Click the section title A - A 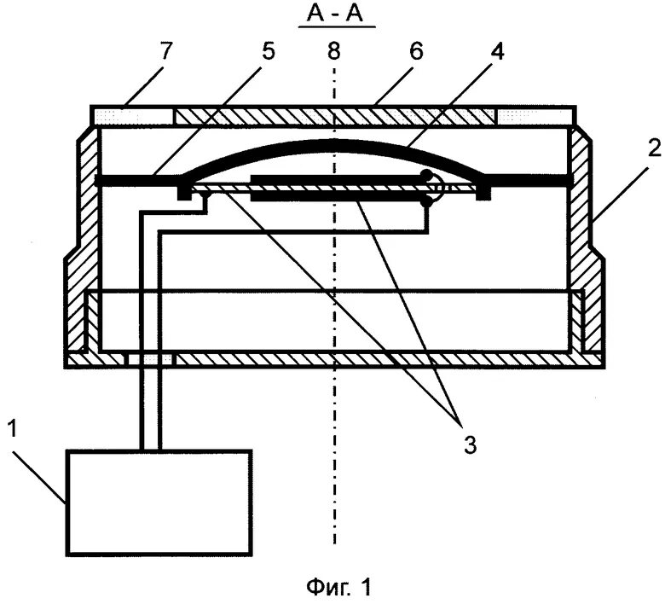336,15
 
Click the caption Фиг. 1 337,587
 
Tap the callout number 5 269,51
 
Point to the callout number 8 333,51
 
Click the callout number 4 497,51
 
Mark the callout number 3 471,443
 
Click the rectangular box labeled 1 160,502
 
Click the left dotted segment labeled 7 132,114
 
